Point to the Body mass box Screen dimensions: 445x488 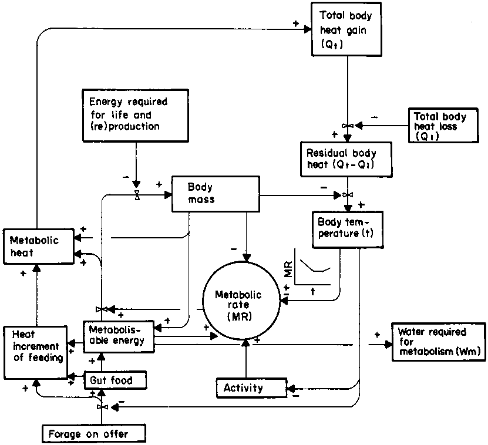click(216, 194)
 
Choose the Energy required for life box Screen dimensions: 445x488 click(136, 115)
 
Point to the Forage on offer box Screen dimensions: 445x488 click(93, 434)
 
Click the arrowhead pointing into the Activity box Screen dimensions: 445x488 click(289, 387)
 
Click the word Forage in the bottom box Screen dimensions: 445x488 click(65, 434)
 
